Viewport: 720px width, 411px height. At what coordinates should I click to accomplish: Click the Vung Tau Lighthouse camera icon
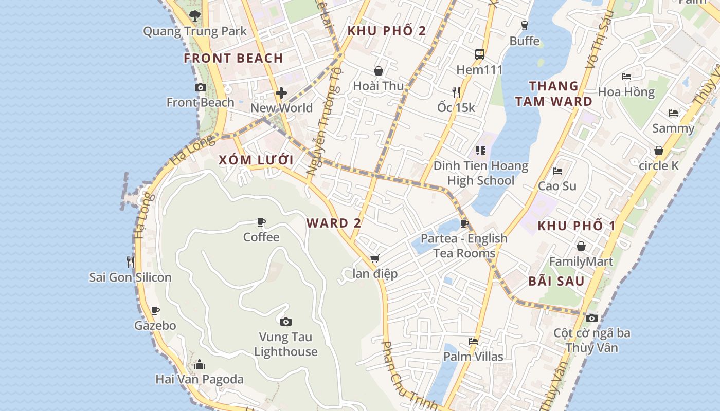coord(286,322)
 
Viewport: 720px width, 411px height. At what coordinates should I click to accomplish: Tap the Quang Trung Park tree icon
coord(194,16)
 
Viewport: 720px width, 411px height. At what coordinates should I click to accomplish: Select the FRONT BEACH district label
coord(233,58)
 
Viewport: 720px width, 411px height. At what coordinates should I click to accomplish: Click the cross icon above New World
coord(281,93)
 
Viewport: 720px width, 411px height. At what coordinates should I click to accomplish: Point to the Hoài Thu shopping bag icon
coord(379,71)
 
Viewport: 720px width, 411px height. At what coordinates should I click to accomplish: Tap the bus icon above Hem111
coord(479,54)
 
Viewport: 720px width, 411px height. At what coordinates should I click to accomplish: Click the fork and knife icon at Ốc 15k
coord(456,92)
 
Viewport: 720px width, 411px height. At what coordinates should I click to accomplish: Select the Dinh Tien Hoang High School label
coord(480,173)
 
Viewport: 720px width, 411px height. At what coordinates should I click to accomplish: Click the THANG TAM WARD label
coord(554,94)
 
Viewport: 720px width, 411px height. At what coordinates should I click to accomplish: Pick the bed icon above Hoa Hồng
coord(626,77)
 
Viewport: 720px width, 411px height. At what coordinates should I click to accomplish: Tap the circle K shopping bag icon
coord(659,151)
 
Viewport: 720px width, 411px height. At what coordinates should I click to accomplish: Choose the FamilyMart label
coord(581,261)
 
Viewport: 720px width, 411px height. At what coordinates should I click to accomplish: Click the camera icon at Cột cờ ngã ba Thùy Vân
coord(591,318)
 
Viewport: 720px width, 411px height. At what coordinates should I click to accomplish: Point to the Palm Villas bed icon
coord(473,341)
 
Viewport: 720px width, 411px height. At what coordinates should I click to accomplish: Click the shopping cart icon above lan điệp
coord(375,258)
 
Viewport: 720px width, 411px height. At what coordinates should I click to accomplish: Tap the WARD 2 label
coord(334,223)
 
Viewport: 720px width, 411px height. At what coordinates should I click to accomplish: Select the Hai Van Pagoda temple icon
coord(200,365)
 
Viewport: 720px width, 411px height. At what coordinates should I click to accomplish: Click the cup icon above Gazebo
coord(155,310)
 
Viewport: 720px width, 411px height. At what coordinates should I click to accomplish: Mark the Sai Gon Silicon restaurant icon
coord(130,262)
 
